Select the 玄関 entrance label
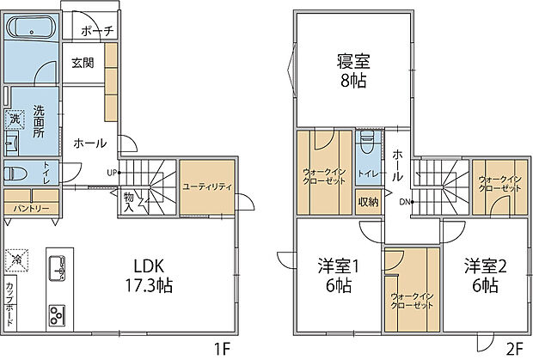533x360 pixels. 83,63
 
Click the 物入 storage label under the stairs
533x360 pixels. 128,202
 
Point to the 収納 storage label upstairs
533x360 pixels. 368,203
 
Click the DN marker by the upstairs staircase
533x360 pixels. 404,203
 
